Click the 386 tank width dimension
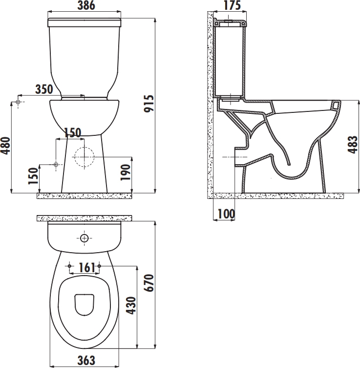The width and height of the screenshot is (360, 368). coord(86,5)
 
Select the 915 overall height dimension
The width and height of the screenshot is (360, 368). coord(149,104)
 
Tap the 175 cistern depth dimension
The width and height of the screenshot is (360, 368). coord(232,5)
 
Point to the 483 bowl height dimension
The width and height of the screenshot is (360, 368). coord(353,145)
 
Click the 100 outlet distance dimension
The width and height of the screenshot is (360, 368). coord(226,214)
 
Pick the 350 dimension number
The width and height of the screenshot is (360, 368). coord(44,89)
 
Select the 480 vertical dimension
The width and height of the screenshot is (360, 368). coord(6,146)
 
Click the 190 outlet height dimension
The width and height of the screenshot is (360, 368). coord(125,172)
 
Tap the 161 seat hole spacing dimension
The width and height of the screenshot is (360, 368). coord(86,267)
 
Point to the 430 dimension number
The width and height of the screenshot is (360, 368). coord(130,305)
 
